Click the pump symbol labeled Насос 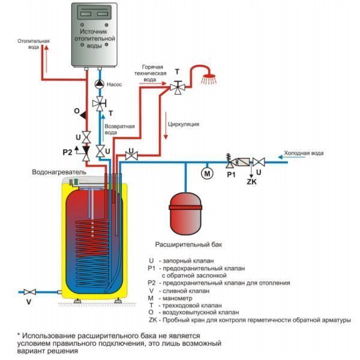tap(100, 84)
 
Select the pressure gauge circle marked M tap(207, 173)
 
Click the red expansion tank tap(185, 214)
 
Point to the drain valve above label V tap(29, 292)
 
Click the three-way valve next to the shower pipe tap(178, 87)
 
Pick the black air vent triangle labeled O tap(83, 115)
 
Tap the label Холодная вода tap(304, 153)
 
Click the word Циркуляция tap(184, 124)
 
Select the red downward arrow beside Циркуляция tap(166, 125)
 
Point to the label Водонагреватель tap(59, 172)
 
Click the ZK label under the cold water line tap(251, 182)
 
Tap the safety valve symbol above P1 tap(229, 160)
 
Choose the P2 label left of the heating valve tap(67, 152)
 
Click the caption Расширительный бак tap(189, 244)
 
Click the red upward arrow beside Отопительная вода tap(47, 59)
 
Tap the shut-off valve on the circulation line tap(131, 156)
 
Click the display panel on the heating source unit tap(94, 13)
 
